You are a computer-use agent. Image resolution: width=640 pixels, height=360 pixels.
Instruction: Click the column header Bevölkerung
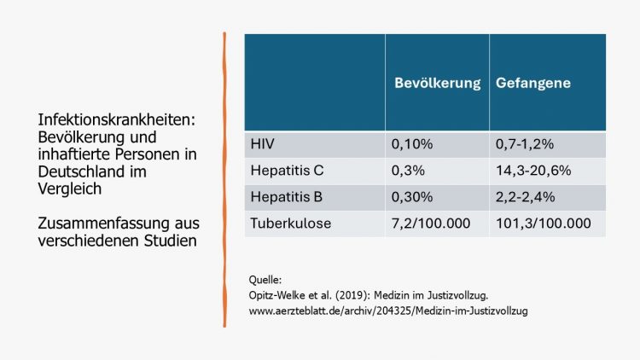(436, 84)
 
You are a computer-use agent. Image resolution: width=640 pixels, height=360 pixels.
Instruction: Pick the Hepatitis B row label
(287, 197)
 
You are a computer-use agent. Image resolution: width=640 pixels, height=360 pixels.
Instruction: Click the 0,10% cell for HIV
(412, 144)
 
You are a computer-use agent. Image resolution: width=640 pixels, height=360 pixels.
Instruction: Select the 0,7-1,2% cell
(524, 144)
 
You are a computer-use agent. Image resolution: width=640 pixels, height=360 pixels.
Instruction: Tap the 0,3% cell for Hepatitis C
(409, 171)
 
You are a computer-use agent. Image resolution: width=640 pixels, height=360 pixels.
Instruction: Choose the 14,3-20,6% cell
(533, 171)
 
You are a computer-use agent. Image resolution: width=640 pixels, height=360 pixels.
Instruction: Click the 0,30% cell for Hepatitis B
(412, 197)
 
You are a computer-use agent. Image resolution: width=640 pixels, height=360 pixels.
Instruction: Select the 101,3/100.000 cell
(542, 224)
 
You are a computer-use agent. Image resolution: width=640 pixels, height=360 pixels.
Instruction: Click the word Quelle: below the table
(265, 280)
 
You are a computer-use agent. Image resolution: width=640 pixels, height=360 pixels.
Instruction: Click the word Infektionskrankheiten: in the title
(116, 120)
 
